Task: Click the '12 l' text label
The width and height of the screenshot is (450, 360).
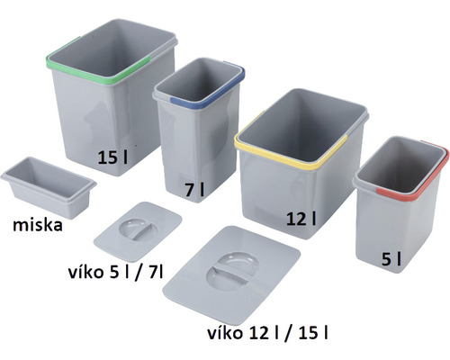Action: pyautogui.click(x=302, y=217)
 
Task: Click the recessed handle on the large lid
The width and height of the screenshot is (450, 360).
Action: pyautogui.click(x=231, y=269)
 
